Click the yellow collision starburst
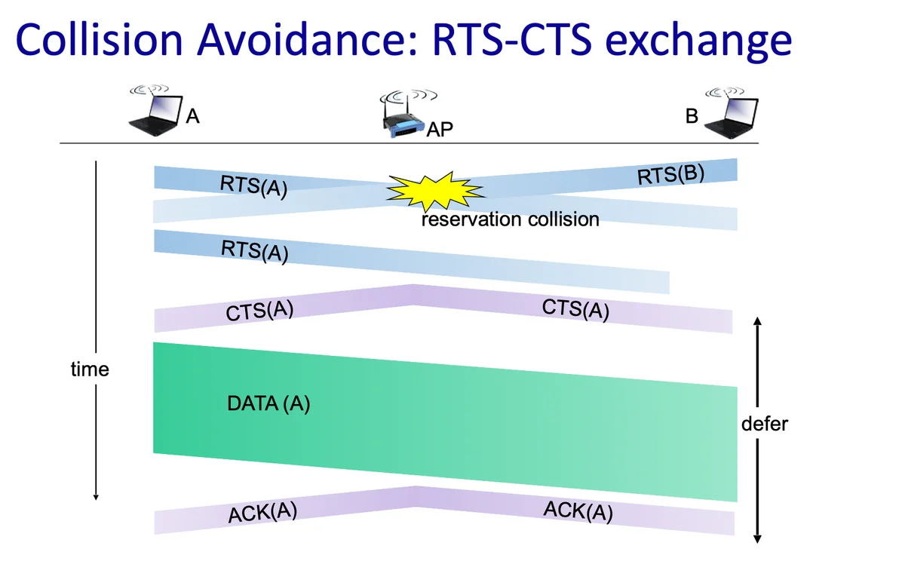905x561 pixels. click(x=435, y=192)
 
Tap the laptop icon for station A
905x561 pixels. click(x=155, y=110)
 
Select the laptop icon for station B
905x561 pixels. click(x=731, y=112)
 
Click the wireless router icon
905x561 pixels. click(x=405, y=115)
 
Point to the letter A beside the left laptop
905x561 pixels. click(x=193, y=117)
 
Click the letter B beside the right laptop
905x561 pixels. click(x=692, y=116)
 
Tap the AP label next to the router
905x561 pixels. click(x=440, y=130)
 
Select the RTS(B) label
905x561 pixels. click(x=670, y=174)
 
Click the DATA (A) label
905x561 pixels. click(x=268, y=403)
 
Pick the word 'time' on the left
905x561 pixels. click(x=90, y=369)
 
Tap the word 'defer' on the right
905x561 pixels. click(x=765, y=424)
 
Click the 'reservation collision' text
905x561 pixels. click(x=511, y=219)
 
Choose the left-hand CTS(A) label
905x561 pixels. click(x=259, y=311)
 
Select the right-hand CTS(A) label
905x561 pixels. click(x=575, y=310)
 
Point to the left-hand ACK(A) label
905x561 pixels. click(x=262, y=513)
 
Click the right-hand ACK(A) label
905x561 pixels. click(x=578, y=511)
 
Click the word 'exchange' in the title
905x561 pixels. click(x=698, y=42)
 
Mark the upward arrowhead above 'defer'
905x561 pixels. click(x=757, y=320)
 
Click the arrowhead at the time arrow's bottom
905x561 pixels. click(x=96, y=497)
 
